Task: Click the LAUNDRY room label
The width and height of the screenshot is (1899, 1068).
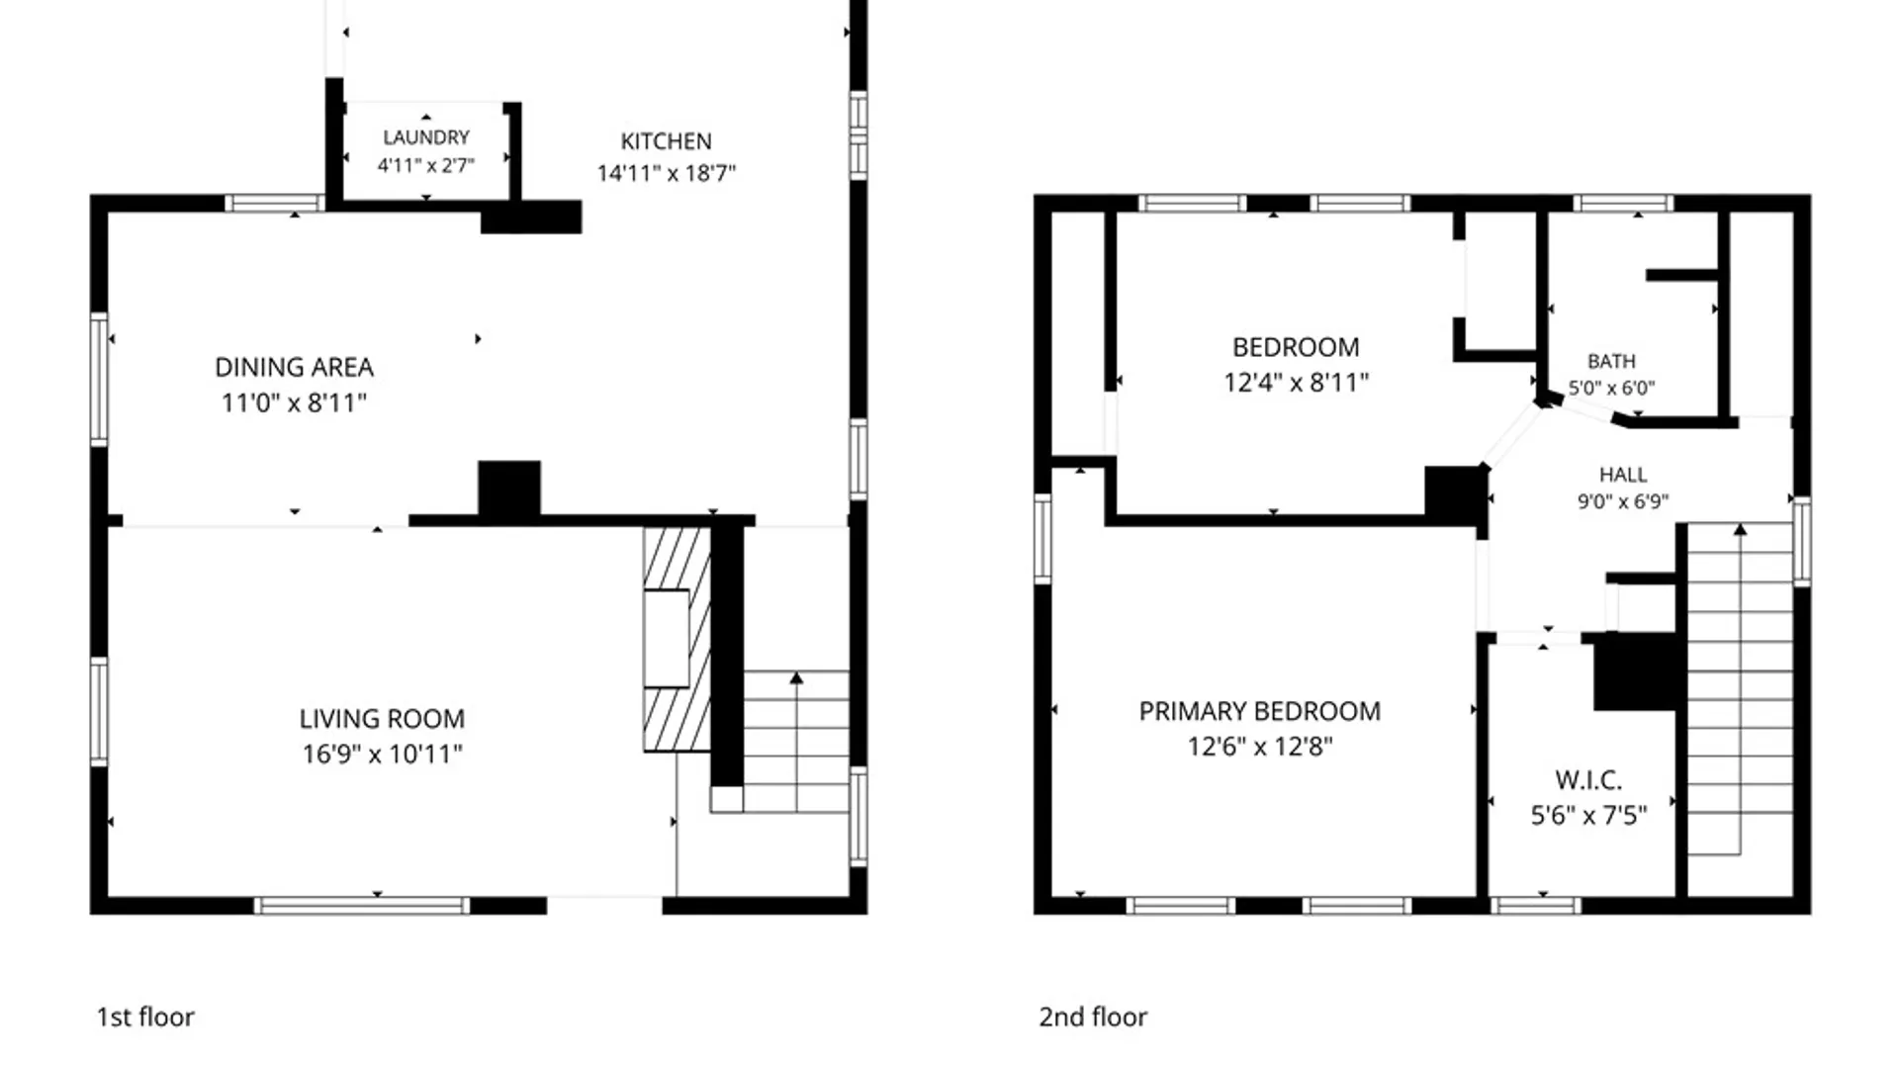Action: click(426, 137)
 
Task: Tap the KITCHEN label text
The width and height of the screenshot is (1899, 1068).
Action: click(666, 141)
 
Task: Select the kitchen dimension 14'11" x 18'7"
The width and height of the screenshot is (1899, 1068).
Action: click(667, 173)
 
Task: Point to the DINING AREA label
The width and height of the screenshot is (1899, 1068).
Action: click(295, 367)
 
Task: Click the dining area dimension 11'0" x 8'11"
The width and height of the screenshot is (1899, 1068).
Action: click(294, 402)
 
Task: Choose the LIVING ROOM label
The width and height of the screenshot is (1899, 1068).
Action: click(382, 719)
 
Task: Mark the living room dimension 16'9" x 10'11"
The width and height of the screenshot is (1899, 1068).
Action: click(383, 754)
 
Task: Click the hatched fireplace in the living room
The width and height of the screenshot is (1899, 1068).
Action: click(677, 639)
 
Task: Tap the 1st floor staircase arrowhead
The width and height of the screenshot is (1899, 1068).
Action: click(796, 678)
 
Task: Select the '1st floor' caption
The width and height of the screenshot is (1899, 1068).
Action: click(145, 1017)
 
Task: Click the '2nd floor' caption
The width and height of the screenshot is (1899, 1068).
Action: click(1093, 1017)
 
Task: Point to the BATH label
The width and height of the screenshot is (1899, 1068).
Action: click(1611, 362)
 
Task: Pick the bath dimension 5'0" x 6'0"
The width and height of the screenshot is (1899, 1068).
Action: click(1611, 388)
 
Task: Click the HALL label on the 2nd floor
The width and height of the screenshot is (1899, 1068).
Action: click(1623, 475)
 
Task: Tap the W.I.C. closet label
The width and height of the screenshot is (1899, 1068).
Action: click(1588, 780)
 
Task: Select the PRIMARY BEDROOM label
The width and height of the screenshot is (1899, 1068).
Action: click(1260, 711)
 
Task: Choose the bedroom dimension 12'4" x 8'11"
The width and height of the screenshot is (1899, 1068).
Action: click(1296, 382)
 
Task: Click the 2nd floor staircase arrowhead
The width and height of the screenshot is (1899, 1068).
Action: click(1740, 530)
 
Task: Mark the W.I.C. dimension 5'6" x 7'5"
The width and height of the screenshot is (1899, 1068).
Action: click(1588, 815)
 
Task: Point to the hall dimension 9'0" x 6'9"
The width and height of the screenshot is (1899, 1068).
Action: click(1623, 501)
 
